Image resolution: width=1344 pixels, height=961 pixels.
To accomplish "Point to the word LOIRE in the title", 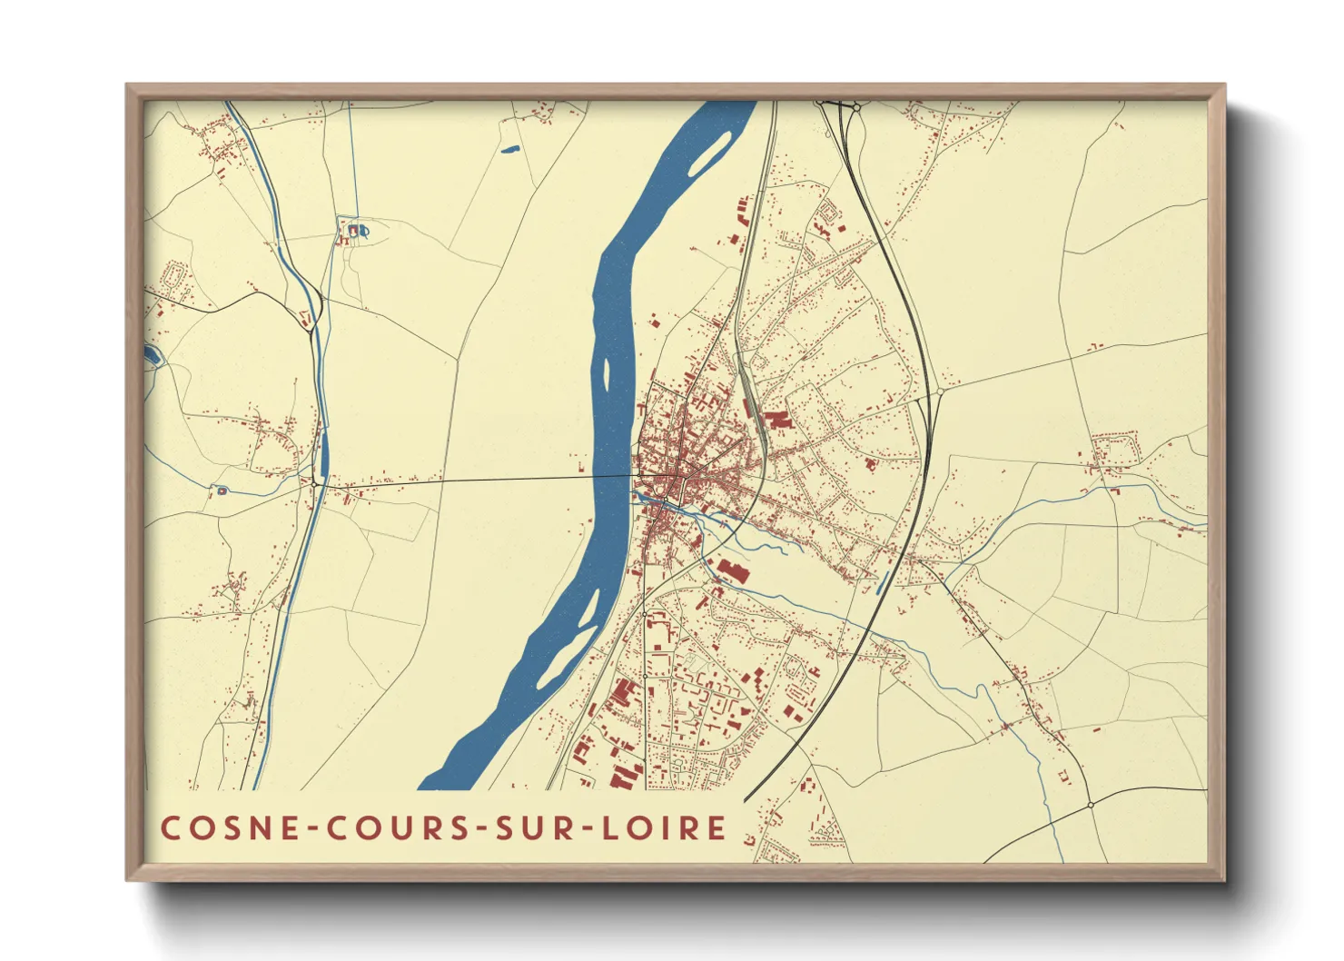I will click(x=660, y=828).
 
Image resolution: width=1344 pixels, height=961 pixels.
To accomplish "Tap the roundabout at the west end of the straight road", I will click(x=314, y=484).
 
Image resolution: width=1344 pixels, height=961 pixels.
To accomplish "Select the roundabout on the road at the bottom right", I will click(x=1090, y=805).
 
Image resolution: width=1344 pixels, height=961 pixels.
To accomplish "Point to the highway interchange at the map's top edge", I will click(x=840, y=107).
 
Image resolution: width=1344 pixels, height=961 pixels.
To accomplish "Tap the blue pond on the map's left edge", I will click(x=152, y=354).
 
